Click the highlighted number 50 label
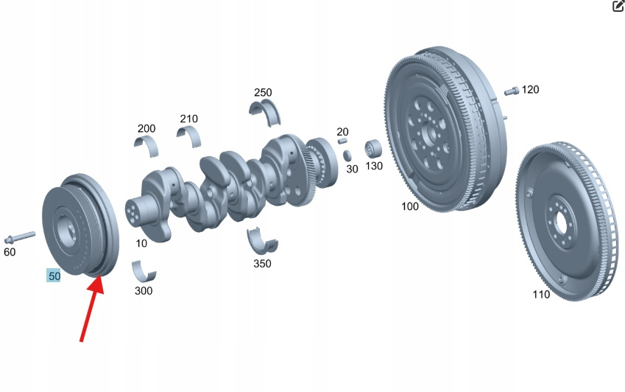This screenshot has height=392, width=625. (x=54, y=276)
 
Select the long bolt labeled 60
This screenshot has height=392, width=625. (x=20, y=237)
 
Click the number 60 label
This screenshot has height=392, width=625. (x=10, y=252)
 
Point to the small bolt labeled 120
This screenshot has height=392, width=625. (x=512, y=91)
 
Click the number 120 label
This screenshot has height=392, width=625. (x=530, y=90)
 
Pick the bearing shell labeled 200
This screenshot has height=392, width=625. (x=146, y=146)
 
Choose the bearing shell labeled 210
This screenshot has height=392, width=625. (x=189, y=136)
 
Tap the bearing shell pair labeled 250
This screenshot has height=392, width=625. (x=265, y=112)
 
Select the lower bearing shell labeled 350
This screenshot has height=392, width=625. (x=262, y=240)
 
